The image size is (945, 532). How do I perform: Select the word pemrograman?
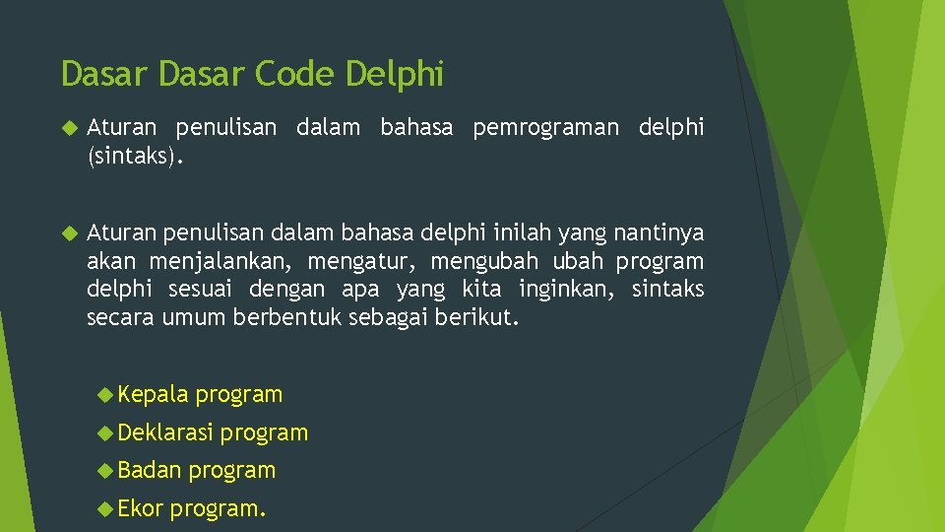pos(545,128)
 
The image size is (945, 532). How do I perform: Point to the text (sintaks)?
pos(135,155)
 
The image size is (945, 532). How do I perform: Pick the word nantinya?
pos(659,233)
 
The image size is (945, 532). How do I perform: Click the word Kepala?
pos(153,395)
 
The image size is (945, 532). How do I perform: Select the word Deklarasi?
pos(165,432)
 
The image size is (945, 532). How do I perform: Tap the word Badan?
pos(150,470)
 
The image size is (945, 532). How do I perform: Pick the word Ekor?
pos(140,508)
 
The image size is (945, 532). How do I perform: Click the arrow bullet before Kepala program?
pos(105,395)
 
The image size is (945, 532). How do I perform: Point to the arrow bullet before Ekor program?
pos(105,508)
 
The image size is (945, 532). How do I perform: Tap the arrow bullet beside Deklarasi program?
pos(105,432)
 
